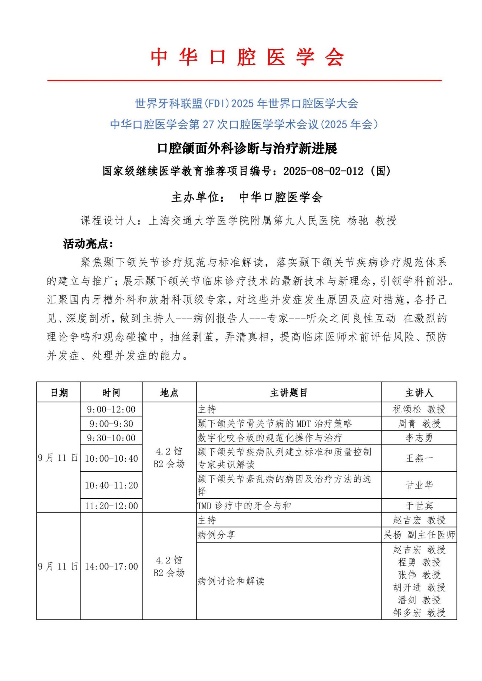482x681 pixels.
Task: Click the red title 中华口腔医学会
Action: [x=247, y=57]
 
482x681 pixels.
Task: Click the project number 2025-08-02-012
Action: [x=323, y=171]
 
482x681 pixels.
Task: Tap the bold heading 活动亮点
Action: [x=88, y=244]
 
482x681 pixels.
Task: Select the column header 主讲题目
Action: [x=288, y=393]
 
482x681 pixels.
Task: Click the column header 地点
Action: [x=169, y=393]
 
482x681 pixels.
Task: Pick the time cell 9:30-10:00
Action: [x=111, y=438]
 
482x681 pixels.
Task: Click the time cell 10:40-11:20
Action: [x=111, y=485]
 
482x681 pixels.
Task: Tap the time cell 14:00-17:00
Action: [x=111, y=567]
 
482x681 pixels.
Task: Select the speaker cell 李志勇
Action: [x=419, y=438]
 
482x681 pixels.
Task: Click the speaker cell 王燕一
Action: [x=419, y=458]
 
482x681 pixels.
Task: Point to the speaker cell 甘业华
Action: [x=419, y=485]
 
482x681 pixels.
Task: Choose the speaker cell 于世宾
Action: [x=419, y=506]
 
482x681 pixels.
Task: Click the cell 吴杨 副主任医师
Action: [x=419, y=535]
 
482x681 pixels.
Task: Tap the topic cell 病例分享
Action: [x=216, y=535]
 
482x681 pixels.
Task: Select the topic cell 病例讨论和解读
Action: [x=231, y=581]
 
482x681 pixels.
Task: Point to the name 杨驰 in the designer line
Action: [x=357, y=221]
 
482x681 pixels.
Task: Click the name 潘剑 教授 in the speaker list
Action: [x=419, y=600]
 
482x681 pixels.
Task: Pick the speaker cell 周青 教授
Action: [x=419, y=423]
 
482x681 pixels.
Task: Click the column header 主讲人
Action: [x=419, y=393]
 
